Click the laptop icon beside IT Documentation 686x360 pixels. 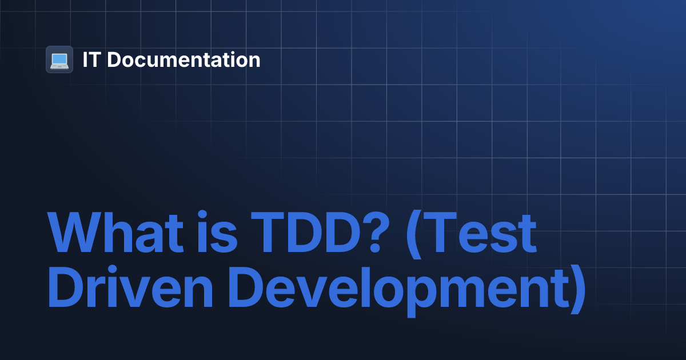pyautogui.click(x=59, y=59)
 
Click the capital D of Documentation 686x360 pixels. pyautogui.click(x=113, y=59)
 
